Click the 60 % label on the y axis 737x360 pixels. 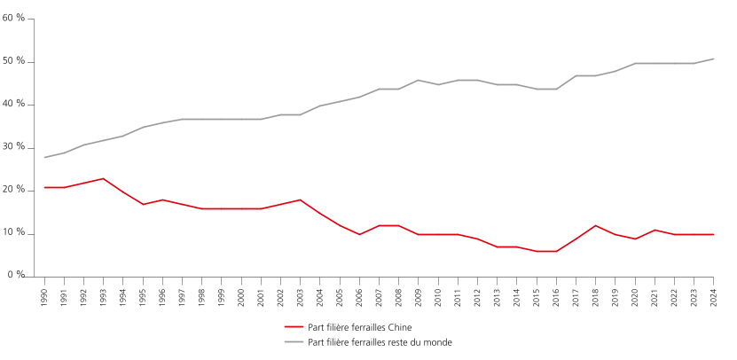click(15, 19)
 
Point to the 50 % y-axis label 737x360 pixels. click(15, 61)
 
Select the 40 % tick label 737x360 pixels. click(15, 104)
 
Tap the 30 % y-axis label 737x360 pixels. click(15, 147)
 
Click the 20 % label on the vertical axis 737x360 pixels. click(15, 190)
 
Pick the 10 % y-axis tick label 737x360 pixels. click(15, 233)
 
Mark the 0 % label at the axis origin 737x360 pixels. click(18, 276)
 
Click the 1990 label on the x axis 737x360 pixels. click(44, 293)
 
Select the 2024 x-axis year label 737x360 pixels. click(714, 293)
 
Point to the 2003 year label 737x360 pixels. click(301, 293)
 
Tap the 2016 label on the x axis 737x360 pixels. click(556, 293)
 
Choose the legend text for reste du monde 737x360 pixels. click(380, 341)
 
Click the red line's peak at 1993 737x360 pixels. click(104, 178)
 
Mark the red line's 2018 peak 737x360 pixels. click(596, 225)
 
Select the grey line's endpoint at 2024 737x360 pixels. click(714, 59)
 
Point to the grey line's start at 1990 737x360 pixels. click(44, 157)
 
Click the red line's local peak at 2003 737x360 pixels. click(301, 200)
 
